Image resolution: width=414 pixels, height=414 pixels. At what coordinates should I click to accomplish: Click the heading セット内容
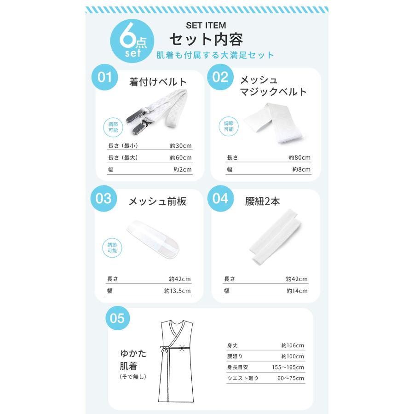click(x=206, y=39)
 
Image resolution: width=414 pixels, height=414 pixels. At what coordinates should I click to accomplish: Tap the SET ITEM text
click(x=206, y=25)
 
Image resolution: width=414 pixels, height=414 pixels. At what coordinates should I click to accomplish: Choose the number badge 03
click(x=104, y=198)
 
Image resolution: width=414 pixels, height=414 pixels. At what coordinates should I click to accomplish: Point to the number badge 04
click(x=220, y=198)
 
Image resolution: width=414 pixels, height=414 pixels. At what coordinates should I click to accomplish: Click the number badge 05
click(x=117, y=318)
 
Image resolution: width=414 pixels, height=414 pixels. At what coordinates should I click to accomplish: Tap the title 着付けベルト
click(x=158, y=82)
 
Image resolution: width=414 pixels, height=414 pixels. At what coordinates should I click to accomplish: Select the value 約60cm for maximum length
click(x=180, y=158)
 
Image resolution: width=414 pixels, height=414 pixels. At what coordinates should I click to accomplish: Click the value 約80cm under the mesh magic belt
click(x=299, y=158)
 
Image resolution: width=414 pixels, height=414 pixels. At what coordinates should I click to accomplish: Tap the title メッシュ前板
click(x=157, y=201)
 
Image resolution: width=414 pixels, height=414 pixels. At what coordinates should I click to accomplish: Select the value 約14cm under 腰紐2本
click(x=297, y=291)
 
